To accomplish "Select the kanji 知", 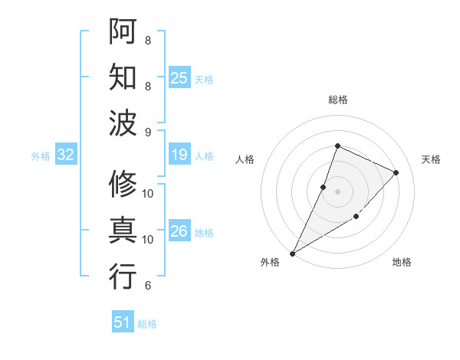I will pos(123,77).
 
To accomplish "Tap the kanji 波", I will pos(123,123).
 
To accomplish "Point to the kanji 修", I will pos(123,184).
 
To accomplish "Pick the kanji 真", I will pos(123,230).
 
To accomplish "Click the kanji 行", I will pos(123,276).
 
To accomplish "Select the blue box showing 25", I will pos(179,78).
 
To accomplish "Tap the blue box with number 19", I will pos(179,155).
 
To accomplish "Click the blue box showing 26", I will pos(179,231).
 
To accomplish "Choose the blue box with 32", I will pos(66,155).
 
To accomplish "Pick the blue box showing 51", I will pos(123,322).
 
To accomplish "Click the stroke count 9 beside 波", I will pos(148,133).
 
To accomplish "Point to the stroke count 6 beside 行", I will pos(148,286).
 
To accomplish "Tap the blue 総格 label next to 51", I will pos(147,324).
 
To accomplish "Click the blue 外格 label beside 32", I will pos(41,156).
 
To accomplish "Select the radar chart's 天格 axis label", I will pos(432,159).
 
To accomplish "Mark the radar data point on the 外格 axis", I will pos(292,253).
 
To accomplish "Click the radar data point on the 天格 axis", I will pos(396,172).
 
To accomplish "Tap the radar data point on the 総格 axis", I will pos(337,146).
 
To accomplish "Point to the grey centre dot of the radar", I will pos(337,191).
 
